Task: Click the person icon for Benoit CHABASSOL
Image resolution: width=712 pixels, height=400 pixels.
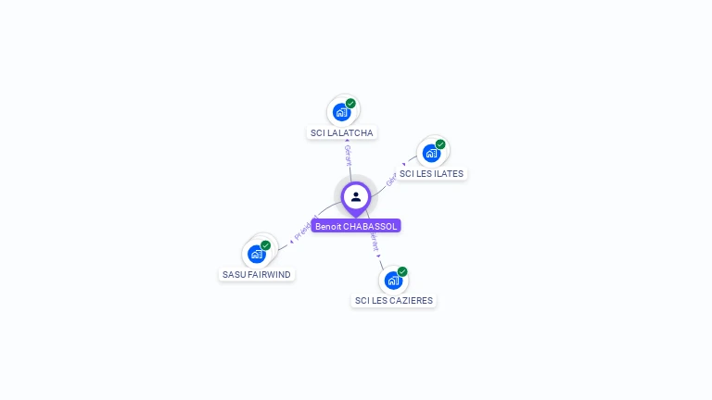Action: [x=356, y=196]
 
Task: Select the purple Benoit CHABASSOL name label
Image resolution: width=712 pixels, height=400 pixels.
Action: [x=356, y=226]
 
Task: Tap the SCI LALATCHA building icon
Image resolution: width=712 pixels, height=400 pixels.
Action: [x=341, y=112]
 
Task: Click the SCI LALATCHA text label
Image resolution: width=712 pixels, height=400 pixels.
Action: [x=342, y=133]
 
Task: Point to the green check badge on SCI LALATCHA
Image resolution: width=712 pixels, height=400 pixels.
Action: [x=350, y=104]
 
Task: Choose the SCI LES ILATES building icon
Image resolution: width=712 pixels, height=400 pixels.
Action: [x=431, y=153]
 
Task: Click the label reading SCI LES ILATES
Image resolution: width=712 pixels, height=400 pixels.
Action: [x=431, y=174]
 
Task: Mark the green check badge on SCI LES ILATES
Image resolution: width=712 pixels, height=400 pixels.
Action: [x=440, y=144]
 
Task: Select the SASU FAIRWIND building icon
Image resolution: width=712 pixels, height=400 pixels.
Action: [x=257, y=254]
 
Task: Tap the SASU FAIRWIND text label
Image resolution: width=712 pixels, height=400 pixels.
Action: [x=257, y=275]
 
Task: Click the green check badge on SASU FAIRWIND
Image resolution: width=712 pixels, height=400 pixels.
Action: [x=266, y=245]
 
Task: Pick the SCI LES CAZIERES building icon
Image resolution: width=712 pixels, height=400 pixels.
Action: [x=393, y=280]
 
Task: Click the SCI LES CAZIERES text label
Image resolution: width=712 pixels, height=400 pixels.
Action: [x=394, y=301]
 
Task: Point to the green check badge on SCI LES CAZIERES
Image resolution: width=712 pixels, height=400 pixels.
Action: [x=402, y=271]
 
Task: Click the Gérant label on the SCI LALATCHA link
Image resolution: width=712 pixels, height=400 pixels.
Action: [x=348, y=155]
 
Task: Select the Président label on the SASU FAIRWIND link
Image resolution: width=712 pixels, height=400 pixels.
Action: [x=305, y=228]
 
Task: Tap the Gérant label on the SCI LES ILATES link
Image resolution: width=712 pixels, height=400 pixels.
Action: [x=392, y=178]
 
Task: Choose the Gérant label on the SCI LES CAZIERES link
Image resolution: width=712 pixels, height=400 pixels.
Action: [x=374, y=243]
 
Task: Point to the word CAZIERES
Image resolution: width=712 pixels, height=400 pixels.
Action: [x=411, y=301]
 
